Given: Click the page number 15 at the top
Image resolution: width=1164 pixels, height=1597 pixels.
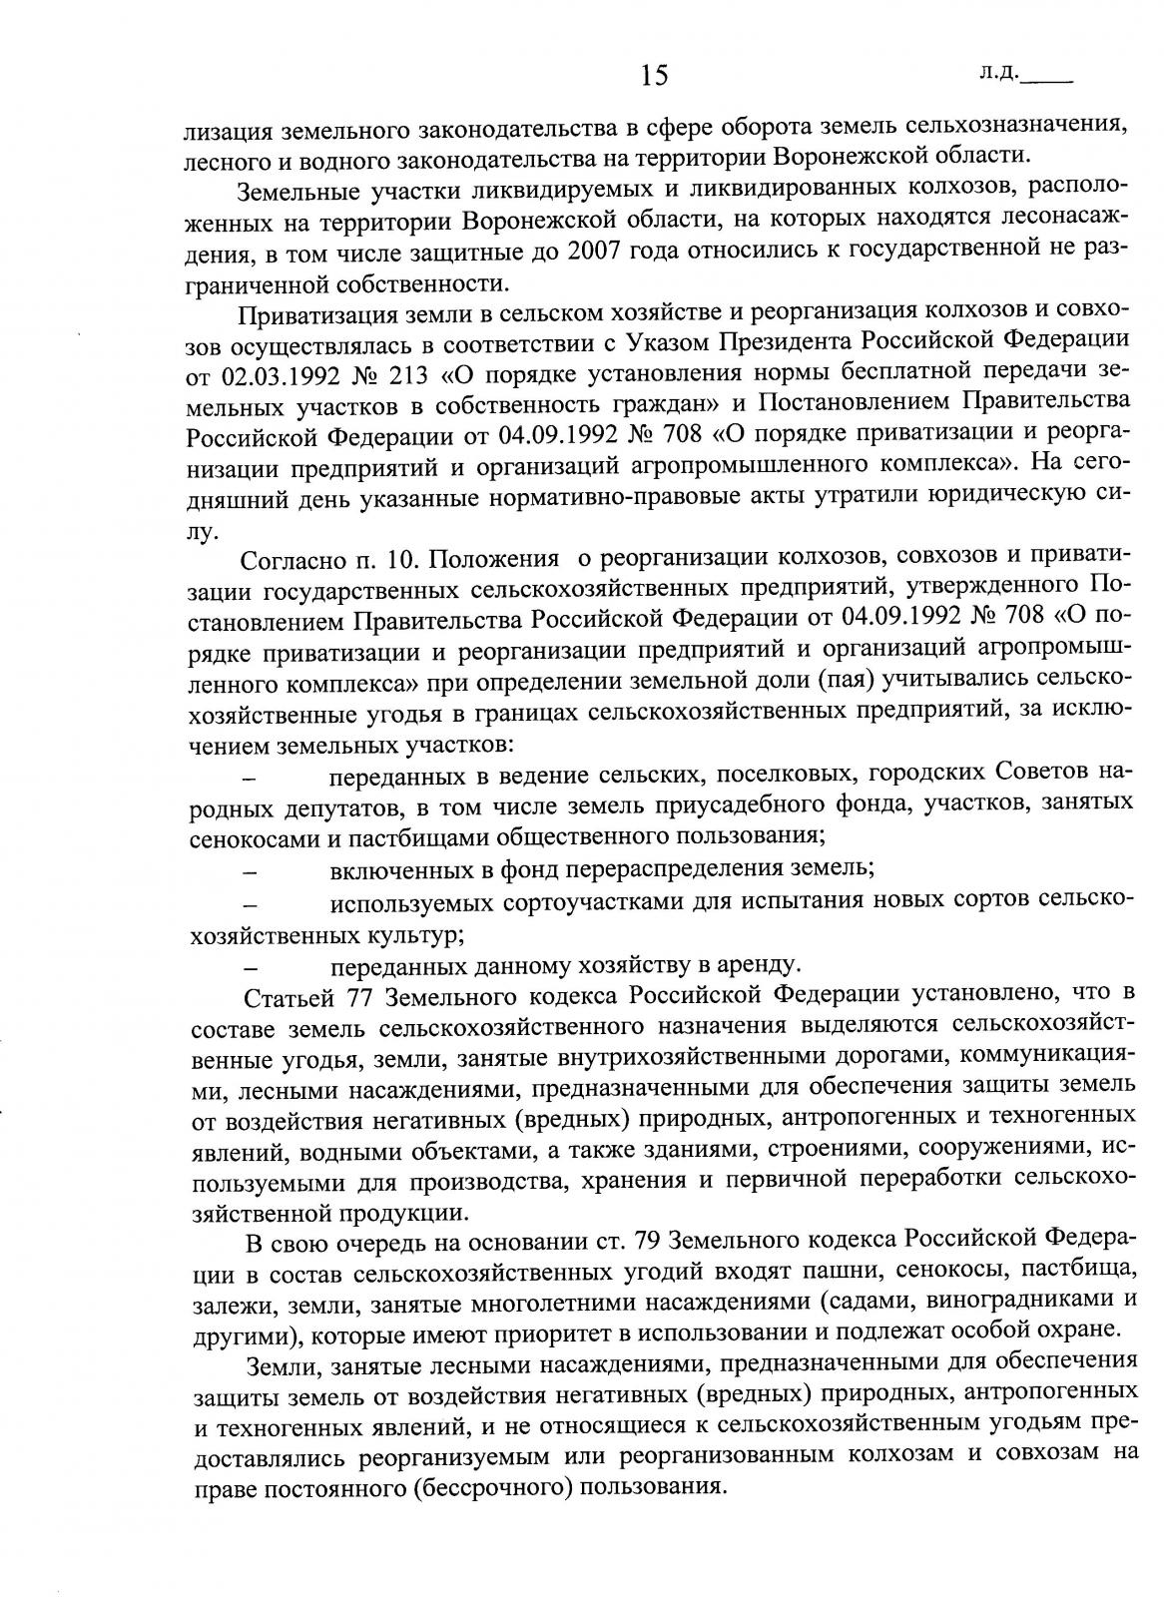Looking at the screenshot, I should click(x=654, y=75).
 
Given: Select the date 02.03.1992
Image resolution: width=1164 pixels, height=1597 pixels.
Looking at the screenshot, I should click(x=282, y=375).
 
